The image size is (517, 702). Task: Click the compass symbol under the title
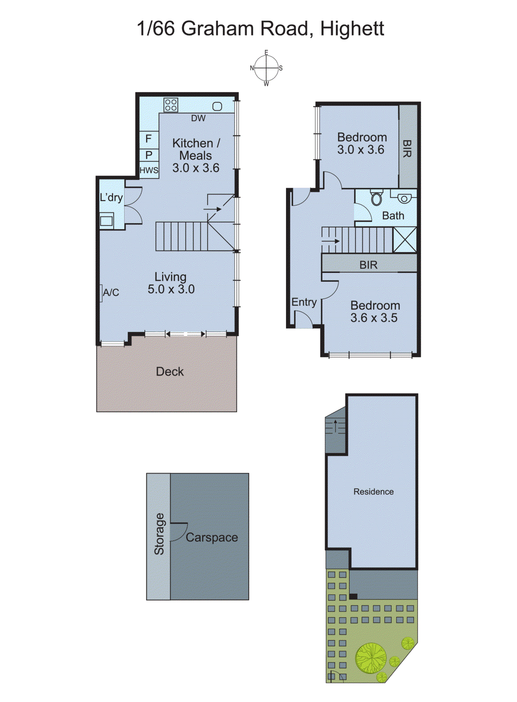pos(266,68)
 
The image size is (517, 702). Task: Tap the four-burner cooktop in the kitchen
pos(171,105)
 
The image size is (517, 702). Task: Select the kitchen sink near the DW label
pos(217,106)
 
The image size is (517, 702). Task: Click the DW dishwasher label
pos(198,118)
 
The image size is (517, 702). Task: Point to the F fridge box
pos(149,139)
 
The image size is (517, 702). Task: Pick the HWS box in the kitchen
pos(149,170)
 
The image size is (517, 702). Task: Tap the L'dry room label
pos(111,197)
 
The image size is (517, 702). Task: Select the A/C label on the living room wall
pos(111,292)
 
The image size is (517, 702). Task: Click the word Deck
pos(170,372)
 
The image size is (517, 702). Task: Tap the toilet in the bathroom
pos(377,198)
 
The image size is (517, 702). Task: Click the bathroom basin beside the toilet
pos(403,198)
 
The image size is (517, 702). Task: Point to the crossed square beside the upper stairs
pos(404,240)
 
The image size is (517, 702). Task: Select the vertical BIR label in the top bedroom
pos(407,148)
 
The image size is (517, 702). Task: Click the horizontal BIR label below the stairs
pos(368,265)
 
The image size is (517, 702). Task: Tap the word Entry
pos(304,302)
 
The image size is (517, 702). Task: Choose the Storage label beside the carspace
pos(159,534)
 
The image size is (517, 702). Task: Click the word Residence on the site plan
pos(373,492)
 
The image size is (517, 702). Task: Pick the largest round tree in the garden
pos(371,658)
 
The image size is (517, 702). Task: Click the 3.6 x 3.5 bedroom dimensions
pos(374,318)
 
